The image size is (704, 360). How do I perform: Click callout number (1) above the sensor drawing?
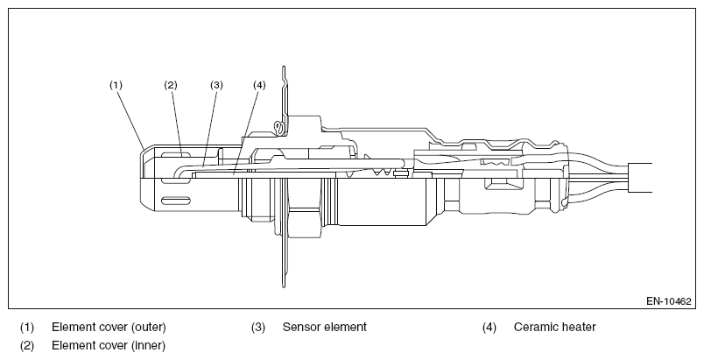point(116,85)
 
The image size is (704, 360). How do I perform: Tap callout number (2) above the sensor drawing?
point(171,85)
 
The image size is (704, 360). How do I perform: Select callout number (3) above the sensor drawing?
point(216,85)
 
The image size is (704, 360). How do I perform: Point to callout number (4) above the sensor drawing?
point(259,85)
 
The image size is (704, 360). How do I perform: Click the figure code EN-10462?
point(668,301)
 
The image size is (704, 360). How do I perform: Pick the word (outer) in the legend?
point(149,328)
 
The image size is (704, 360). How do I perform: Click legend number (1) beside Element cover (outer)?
point(27,328)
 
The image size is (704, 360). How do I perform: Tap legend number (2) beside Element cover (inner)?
point(27,346)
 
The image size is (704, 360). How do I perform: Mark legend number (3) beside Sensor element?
point(258,328)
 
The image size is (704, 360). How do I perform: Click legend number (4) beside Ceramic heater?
point(489,328)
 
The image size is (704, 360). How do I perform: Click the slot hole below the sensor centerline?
point(175,201)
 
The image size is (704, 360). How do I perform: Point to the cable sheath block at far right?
point(640,178)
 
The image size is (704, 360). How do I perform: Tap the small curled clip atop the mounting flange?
point(279,129)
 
